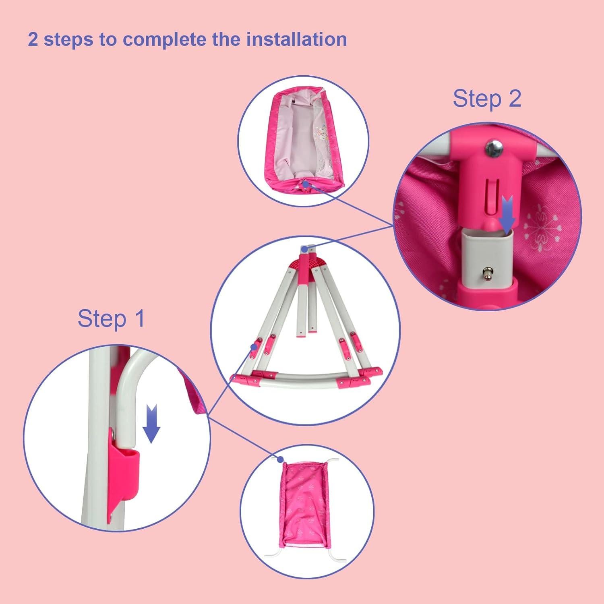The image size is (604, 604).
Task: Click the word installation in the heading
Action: pos(296,39)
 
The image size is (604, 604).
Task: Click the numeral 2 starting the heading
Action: pos(33,40)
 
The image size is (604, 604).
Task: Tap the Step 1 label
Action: pos(111,319)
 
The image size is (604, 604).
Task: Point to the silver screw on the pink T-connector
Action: pos(492,149)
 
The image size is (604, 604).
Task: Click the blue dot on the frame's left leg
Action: pos(254,346)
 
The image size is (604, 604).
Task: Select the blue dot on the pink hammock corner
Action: pos(281,459)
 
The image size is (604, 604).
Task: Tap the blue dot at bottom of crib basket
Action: pos(306,184)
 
